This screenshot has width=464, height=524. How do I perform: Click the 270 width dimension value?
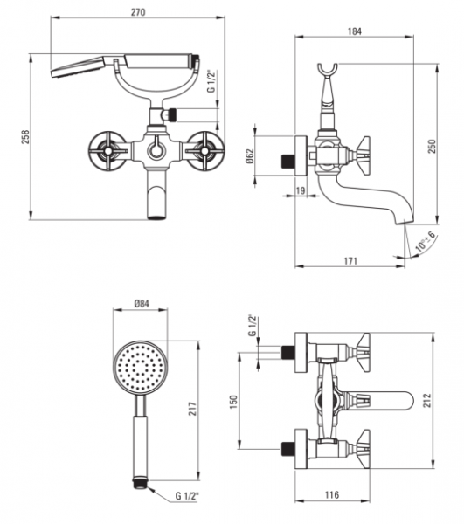(138, 12)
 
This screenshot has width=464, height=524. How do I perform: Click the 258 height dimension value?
(25, 137)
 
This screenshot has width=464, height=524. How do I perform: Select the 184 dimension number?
(355, 31)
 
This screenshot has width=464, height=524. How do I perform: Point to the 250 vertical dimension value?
(433, 146)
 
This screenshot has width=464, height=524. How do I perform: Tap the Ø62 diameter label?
(250, 155)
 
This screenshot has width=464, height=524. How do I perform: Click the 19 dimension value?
(301, 190)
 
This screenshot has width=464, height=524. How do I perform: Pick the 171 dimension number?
(350, 260)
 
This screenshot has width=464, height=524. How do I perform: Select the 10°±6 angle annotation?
(426, 241)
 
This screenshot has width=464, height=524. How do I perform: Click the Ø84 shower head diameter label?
(142, 304)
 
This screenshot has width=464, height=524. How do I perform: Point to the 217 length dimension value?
(192, 409)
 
